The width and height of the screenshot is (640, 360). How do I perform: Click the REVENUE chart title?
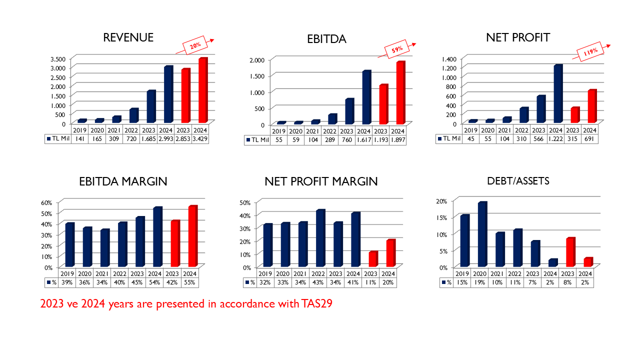coord(128,37)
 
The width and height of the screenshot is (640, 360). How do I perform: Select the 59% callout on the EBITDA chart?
coord(397,50)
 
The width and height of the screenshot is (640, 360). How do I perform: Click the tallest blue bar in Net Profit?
coord(557,94)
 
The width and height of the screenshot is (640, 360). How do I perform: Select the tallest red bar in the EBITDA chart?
coord(400,93)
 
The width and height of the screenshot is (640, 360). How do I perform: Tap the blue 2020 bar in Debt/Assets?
coord(482,234)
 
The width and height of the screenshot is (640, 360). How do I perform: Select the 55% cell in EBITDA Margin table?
coord(189,282)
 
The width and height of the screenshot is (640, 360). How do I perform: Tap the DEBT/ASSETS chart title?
coord(518,181)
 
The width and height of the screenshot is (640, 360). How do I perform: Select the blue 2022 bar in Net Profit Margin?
coord(320,238)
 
